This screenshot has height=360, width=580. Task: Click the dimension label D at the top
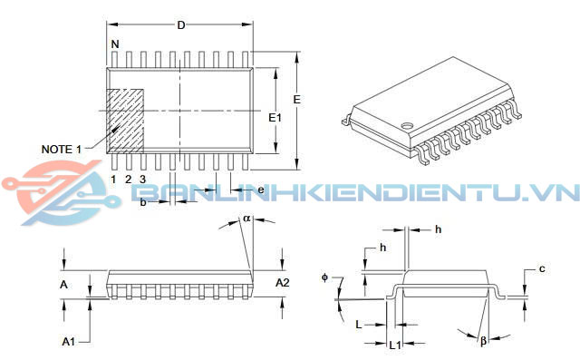click(180, 24)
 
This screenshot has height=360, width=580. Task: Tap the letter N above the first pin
click(114, 44)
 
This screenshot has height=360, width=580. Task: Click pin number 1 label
click(114, 179)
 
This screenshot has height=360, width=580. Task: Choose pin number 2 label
click(129, 179)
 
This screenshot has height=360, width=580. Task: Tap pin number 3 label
click(142, 179)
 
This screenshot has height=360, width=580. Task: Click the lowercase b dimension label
click(143, 202)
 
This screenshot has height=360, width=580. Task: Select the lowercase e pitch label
click(260, 190)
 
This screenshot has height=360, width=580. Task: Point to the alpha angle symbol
click(246, 219)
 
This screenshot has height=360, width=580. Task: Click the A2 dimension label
click(282, 284)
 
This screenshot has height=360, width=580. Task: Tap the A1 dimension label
click(68, 341)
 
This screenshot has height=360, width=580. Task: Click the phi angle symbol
click(324, 277)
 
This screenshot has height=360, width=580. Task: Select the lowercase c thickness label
click(541, 268)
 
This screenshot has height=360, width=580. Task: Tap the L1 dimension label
click(394, 345)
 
